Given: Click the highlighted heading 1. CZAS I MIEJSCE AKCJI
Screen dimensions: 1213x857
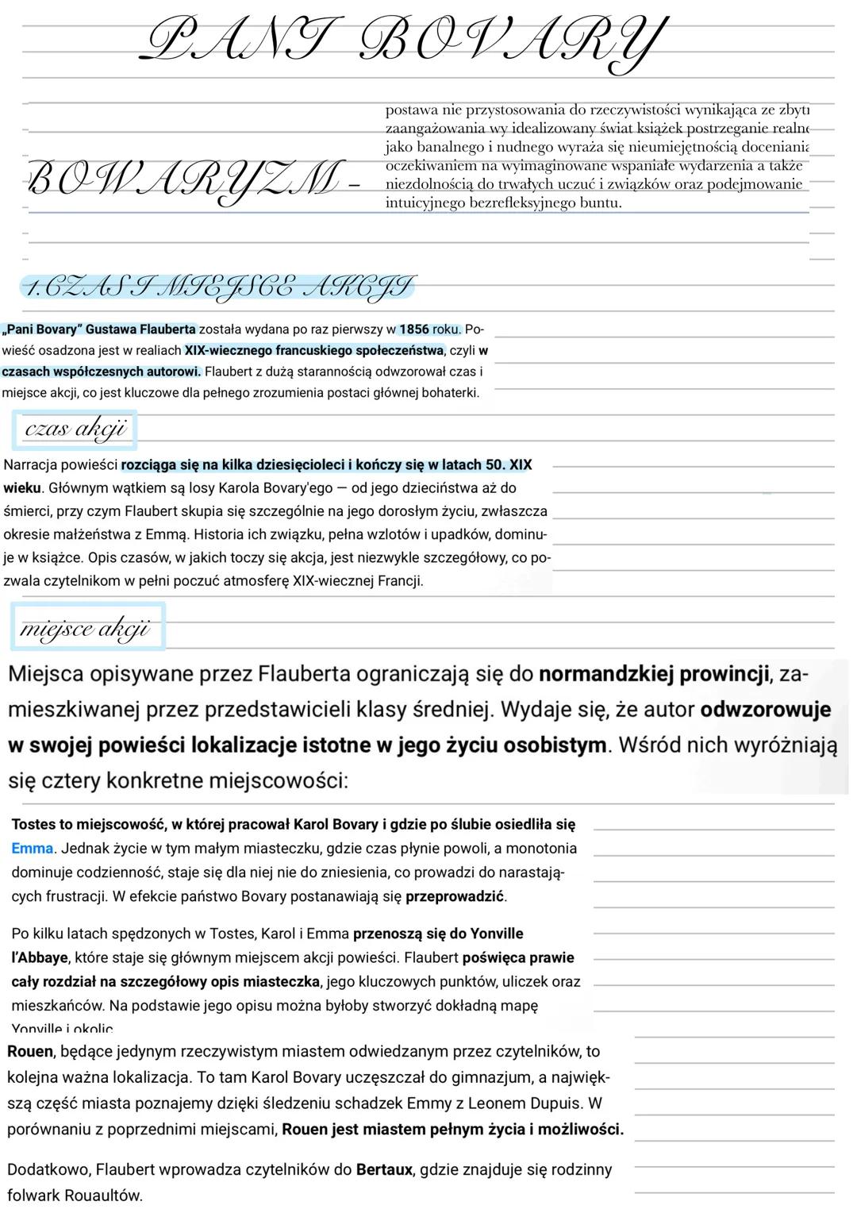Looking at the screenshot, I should coord(219,287).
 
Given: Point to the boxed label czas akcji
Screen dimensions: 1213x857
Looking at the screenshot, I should coord(75,429).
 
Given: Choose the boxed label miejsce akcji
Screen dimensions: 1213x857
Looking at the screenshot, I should coord(85,629).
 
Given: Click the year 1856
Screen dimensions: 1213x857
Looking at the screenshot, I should coord(413,329).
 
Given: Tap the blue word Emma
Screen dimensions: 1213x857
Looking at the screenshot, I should coord(32,849).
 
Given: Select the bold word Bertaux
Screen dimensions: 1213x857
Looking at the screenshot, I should coord(384,1169).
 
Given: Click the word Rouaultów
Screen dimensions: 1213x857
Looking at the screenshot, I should coord(103,1196).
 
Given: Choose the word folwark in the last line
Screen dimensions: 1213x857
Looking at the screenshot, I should coord(33,1196).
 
